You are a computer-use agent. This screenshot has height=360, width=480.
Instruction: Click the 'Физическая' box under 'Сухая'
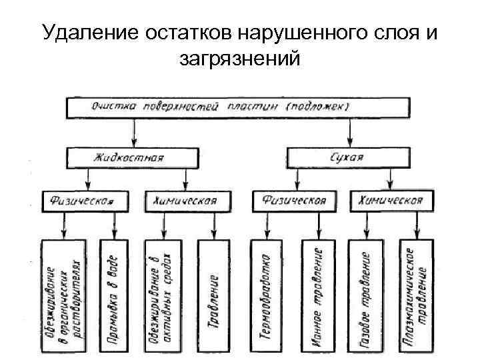[295, 199]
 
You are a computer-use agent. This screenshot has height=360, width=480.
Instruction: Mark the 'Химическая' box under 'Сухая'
[391, 199]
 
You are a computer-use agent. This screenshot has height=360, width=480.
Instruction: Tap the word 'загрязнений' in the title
[239, 59]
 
